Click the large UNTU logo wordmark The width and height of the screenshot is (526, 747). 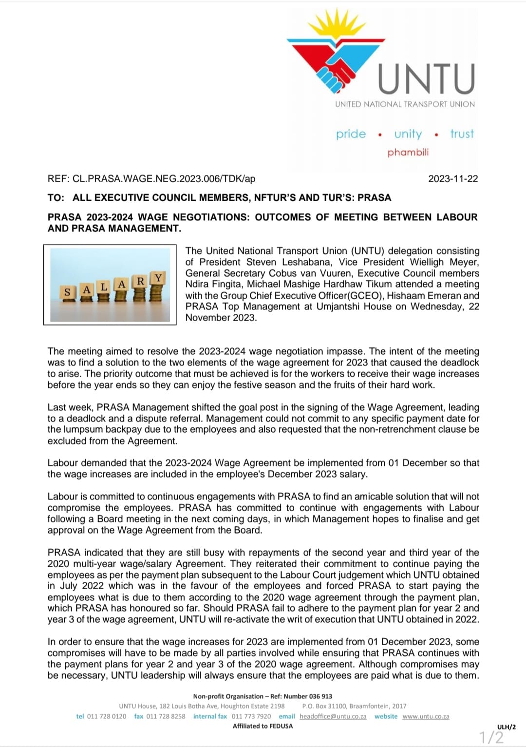pyautogui.click(x=426, y=78)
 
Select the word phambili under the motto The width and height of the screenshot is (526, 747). pyautogui.click(x=408, y=153)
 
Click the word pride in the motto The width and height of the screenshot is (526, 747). pyautogui.click(x=351, y=134)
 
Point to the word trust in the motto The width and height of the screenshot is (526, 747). pyautogui.click(x=462, y=134)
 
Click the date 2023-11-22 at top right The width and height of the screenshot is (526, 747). pyautogui.click(x=453, y=179)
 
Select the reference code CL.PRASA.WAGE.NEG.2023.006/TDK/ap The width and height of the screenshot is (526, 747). pyautogui.click(x=164, y=179)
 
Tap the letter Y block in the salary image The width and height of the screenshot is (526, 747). pyautogui.click(x=158, y=278)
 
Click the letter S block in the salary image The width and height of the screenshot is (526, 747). pyautogui.click(x=67, y=292)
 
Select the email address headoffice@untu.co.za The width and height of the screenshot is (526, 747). pyautogui.click(x=333, y=716)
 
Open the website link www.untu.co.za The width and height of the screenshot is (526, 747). pyautogui.click(x=426, y=716)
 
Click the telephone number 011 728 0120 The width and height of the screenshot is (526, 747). pyautogui.click(x=106, y=716)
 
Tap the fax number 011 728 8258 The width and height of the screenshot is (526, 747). pyautogui.click(x=166, y=716)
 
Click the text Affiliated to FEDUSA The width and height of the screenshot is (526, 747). pyautogui.click(x=263, y=726)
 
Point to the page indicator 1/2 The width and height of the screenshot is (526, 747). pyautogui.click(x=491, y=737)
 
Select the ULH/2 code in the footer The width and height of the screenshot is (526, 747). pyautogui.click(x=506, y=727)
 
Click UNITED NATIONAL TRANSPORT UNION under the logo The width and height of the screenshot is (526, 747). pyautogui.click(x=405, y=104)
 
